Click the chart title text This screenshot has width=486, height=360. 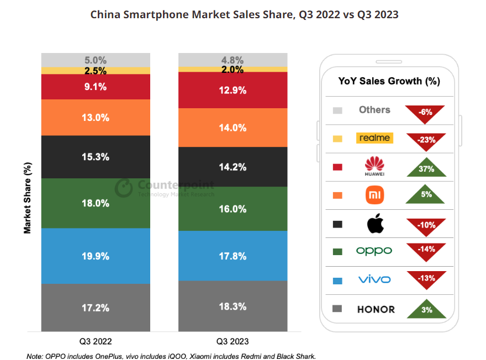(244, 15)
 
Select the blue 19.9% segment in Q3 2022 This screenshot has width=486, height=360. (96, 256)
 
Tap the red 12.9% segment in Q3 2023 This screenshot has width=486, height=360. (233, 90)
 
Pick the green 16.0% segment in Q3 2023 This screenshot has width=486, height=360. (233, 209)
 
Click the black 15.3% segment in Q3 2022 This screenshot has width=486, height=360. (96, 157)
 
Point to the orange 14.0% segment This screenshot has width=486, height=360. (233, 128)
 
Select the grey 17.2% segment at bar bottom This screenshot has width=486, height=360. (96, 307)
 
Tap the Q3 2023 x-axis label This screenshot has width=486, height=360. (233, 341)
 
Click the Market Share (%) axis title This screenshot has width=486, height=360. (28, 198)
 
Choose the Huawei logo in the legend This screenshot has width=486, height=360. (374, 166)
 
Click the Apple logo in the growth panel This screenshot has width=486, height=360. (374, 224)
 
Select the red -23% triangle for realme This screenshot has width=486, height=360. (426, 140)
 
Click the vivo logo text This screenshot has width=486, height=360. (374, 280)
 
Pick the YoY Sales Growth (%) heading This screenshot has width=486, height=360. (389, 81)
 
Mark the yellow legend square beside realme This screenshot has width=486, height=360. (337, 139)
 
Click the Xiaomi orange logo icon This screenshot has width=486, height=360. (374, 195)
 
